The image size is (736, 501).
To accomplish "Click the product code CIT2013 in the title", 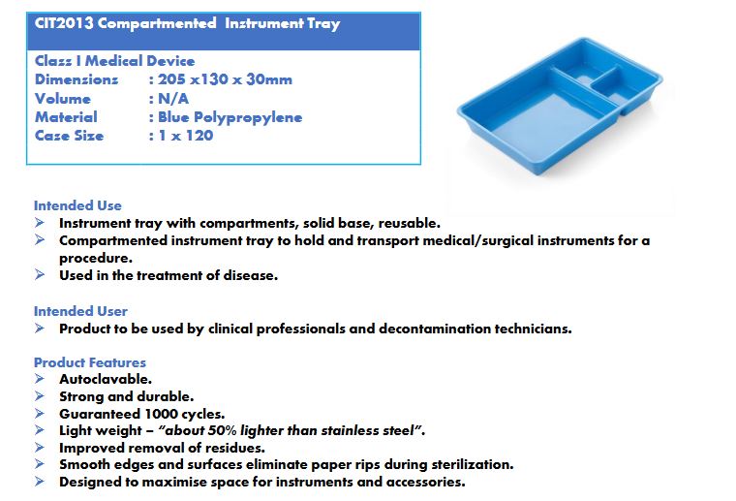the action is click(x=64, y=23).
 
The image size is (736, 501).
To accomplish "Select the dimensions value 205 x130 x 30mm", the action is click(x=225, y=79).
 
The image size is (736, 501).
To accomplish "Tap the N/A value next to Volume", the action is click(x=173, y=99).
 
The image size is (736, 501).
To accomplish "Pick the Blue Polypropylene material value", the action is click(x=230, y=117).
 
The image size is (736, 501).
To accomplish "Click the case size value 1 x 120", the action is click(x=186, y=136).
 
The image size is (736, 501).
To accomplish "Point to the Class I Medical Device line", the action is click(x=114, y=61).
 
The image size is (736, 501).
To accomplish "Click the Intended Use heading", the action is click(x=77, y=205).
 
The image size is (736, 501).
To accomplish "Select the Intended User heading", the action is click(x=80, y=311).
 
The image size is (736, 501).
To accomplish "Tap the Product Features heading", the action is click(x=90, y=362).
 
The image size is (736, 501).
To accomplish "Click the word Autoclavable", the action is click(x=106, y=379).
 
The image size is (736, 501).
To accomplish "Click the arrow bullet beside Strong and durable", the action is click(x=40, y=396).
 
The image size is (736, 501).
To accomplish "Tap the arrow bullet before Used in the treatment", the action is click(x=40, y=274).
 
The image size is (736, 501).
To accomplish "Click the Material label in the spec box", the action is click(x=66, y=117).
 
